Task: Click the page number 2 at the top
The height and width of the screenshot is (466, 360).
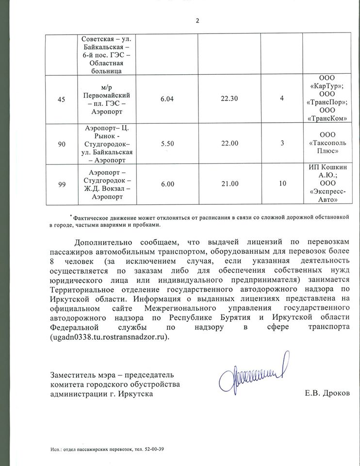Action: (x=197, y=20)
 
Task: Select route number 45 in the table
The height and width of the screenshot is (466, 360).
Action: (x=61, y=99)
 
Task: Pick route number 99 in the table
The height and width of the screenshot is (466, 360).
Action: (x=61, y=184)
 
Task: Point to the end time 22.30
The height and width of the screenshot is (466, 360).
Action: (x=230, y=99)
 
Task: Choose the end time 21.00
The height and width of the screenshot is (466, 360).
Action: (x=230, y=184)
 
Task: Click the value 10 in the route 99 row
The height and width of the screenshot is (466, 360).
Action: (x=282, y=184)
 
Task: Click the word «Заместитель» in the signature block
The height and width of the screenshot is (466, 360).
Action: (x=74, y=375)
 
